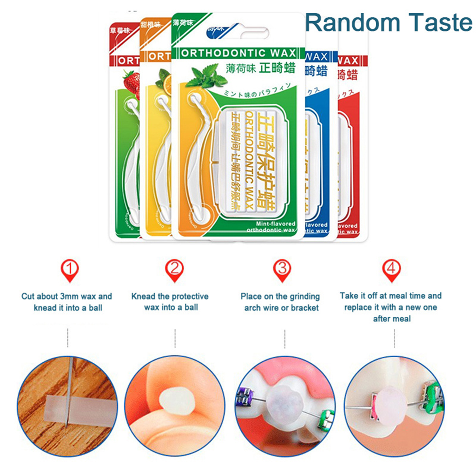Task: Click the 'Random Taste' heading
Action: (x=389, y=23)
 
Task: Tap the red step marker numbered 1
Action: (x=70, y=270)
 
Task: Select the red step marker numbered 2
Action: (x=174, y=270)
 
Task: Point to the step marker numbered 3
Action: (x=282, y=270)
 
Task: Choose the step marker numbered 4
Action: (x=392, y=270)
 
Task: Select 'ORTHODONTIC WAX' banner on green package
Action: (x=238, y=53)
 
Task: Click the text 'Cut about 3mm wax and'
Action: (x=67, y=296)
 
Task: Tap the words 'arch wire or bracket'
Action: (x=281, y=308)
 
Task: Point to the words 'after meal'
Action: (x=392, y=319)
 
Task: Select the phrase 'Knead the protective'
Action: (x=170, y=296)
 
